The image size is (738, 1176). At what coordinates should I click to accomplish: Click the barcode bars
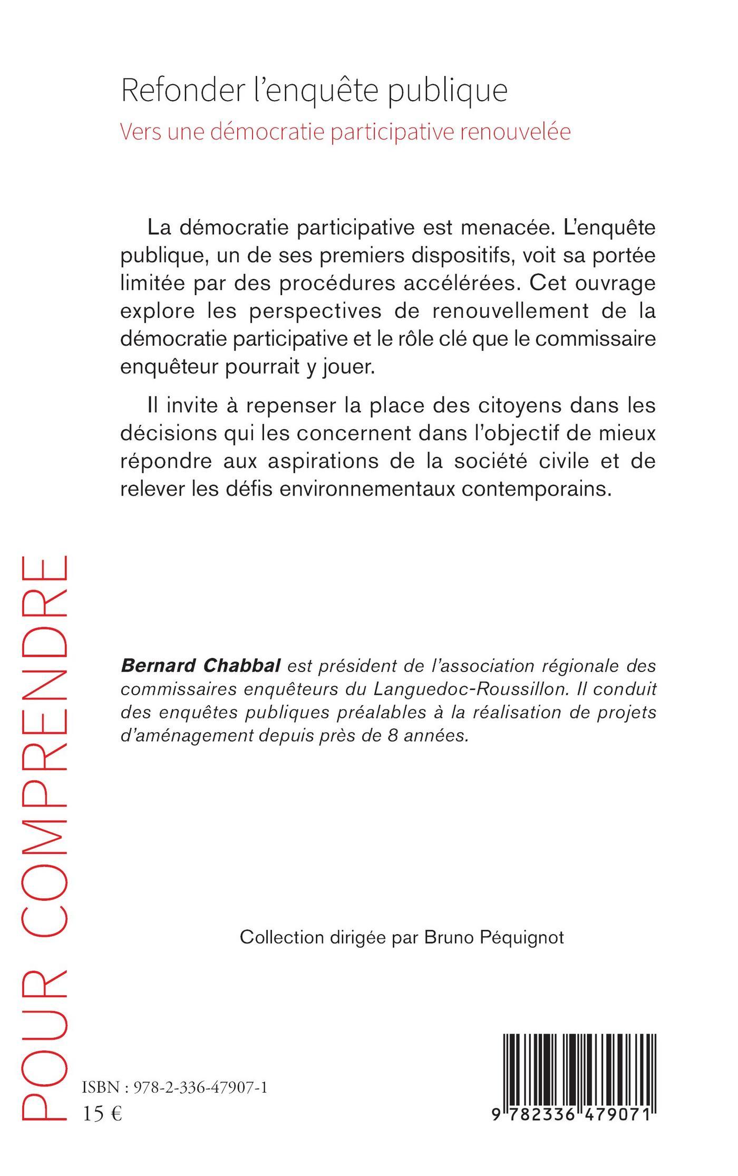pyautogui.click(x=580, y=1064)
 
